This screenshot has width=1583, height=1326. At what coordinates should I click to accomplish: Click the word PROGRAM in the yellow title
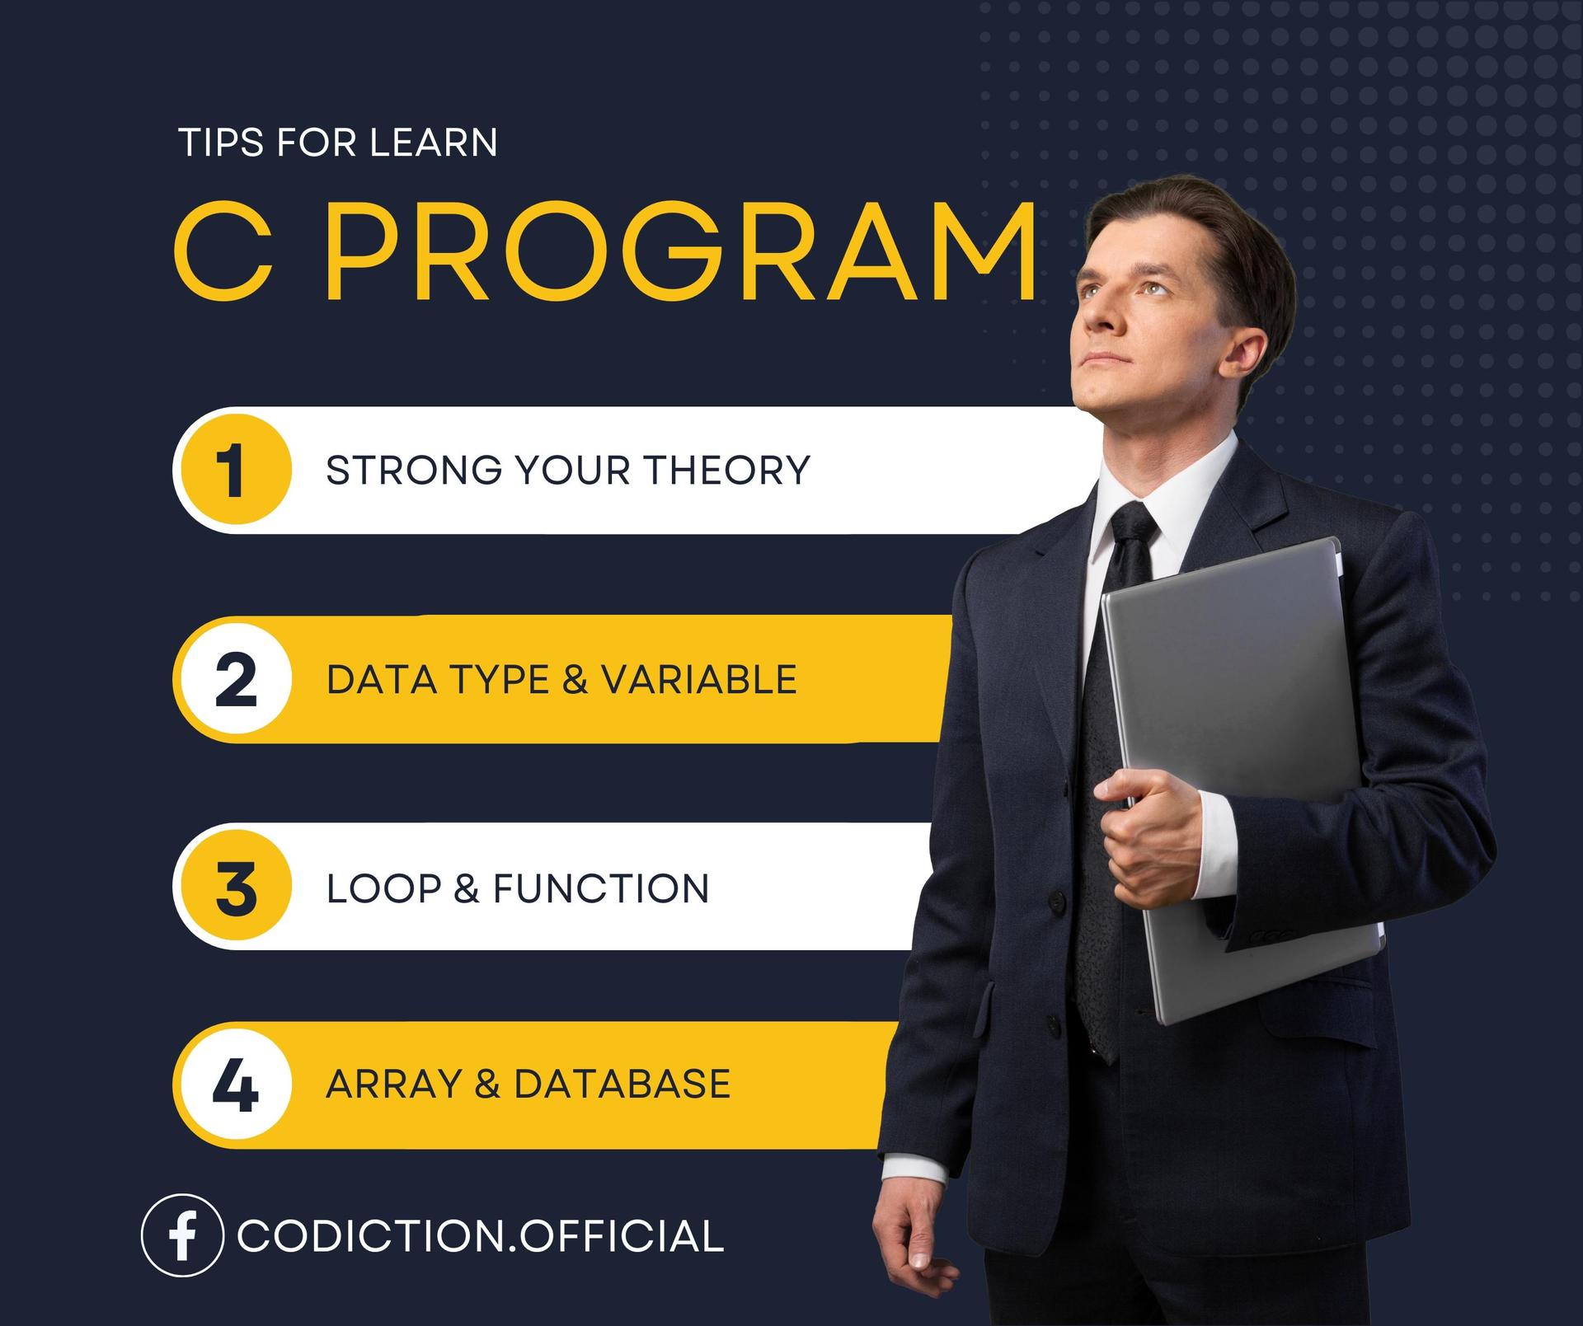tap(681, 251)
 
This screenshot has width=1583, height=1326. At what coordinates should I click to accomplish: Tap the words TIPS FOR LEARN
tap(338, 143)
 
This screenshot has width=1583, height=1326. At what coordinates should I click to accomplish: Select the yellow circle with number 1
tap(236, 470)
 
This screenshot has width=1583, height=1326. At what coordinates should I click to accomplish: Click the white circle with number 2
tap(236, 679)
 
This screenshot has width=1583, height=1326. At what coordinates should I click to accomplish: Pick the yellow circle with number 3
tap(236, 887)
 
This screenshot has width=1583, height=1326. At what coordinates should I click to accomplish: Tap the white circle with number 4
tap(236, 1085)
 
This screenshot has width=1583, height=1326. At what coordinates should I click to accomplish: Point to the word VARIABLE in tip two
tap(698, 680)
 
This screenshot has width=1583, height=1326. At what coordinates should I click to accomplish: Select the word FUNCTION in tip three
tap(601, 888)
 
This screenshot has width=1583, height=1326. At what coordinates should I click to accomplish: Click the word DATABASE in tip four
tap(622, 1084)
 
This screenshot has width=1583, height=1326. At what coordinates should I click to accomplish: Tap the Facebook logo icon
tap(182, 1235)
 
